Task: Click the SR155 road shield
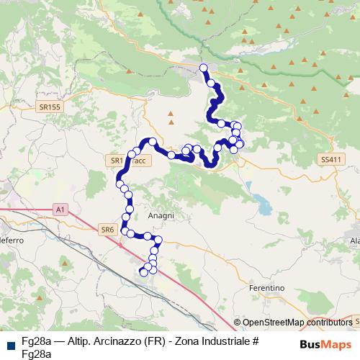tap(50, 107)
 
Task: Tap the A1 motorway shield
tap(60, 209)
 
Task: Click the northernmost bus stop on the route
tap(203, 68)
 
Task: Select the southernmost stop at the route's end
tap(142, 272)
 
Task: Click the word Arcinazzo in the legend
tap(117, 341)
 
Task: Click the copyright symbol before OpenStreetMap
tap(238, 323)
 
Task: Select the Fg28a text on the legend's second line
tap(36, 353)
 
